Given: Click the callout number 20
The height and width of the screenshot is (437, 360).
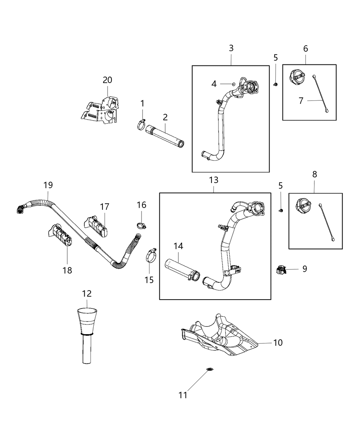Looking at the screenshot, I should pyautogui.click(x=107, y=80).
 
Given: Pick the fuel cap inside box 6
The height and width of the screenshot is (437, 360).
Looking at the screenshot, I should pyautogui.click(x=296, y=76).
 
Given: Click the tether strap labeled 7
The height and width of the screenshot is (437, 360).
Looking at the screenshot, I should pyautogui.click(x=321, y=93).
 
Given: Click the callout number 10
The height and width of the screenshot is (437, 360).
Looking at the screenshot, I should pyautogui.click(x=278, y=342).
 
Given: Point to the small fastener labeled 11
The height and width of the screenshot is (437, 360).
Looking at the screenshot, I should pyautogui.click(x=209, y=369).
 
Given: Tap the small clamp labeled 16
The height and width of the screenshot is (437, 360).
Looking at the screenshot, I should pyautogui.click(x=141, y=225).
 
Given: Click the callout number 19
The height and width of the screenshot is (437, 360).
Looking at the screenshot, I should pyautogui.click(x=48, y=185).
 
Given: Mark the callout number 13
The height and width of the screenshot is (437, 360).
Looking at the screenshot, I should pyautogui.click(x=214, y=180).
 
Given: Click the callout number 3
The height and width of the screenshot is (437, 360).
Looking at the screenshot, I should pyautogui.click(x=231, y=48).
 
